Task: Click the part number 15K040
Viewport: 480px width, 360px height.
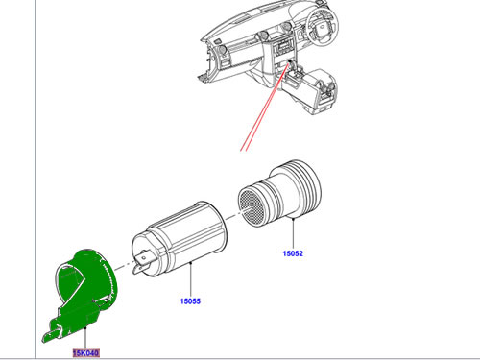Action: point(86,353)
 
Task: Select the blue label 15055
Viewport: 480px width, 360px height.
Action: point(190,301)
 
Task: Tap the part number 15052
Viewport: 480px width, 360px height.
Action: point(293,253)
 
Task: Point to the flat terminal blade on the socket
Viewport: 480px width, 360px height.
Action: point(142,262)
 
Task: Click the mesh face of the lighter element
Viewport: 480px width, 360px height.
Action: point(251,206)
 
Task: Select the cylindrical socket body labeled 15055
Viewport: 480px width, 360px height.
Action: point(180,238)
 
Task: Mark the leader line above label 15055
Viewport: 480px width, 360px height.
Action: point(190,279)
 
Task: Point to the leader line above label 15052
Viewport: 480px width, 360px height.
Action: point(293,233)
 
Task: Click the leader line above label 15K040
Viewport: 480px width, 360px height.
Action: point(85,338)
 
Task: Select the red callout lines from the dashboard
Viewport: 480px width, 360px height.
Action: point(266,107)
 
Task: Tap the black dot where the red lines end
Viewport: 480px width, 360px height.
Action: point(290,61)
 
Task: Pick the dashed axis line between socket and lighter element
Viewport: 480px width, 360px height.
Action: point(233,216)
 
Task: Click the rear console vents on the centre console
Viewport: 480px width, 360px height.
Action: point(327,88)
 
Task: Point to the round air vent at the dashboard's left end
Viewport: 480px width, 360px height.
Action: point(222,50)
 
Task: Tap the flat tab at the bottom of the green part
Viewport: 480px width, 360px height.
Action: point(51,335)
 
